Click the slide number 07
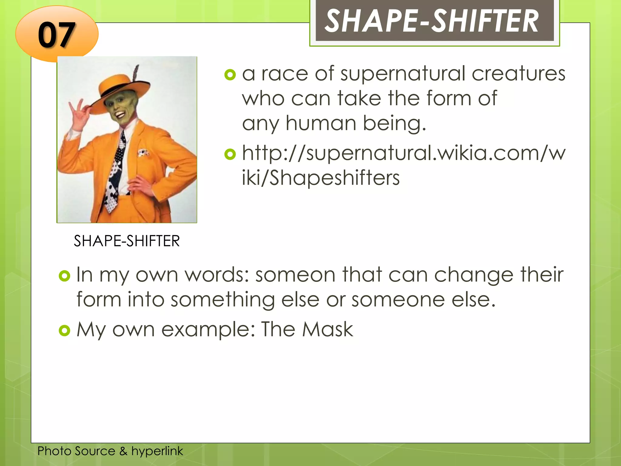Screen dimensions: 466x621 56,35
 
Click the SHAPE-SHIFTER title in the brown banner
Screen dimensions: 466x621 432,21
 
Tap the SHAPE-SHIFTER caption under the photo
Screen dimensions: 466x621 127,241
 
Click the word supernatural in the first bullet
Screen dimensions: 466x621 403,74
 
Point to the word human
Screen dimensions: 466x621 321,123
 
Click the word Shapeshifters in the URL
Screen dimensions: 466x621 335,178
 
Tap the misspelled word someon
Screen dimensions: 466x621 295,275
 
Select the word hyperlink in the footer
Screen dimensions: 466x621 157,451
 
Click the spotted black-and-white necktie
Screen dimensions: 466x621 117,170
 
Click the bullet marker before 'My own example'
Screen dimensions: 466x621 64,330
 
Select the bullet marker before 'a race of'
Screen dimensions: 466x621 230,75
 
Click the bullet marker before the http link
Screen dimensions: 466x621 230,154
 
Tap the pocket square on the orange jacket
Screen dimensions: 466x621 143,153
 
